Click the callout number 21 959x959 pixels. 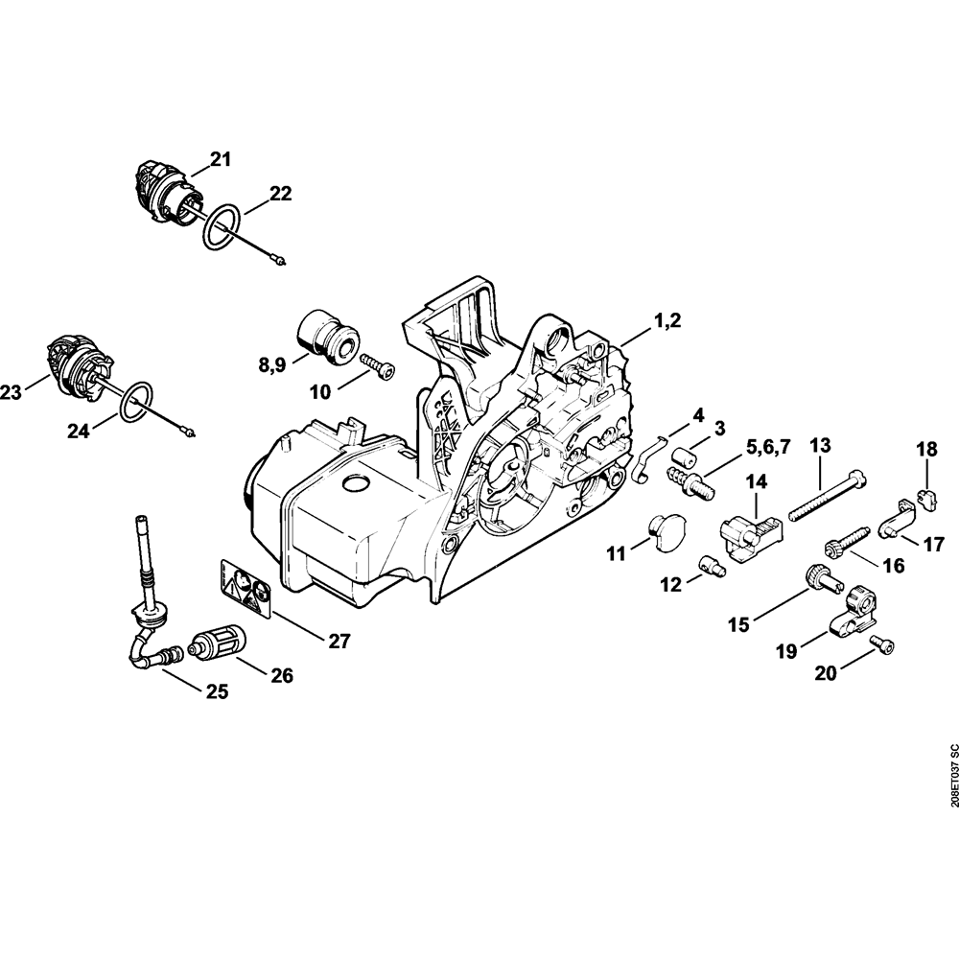(x=222, y=160)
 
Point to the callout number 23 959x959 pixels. (x=12, y=391)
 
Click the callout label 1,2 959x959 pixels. (x=661, y=323)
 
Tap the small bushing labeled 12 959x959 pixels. (x=712, y=564)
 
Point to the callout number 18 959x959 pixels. (x=926, y=450)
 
